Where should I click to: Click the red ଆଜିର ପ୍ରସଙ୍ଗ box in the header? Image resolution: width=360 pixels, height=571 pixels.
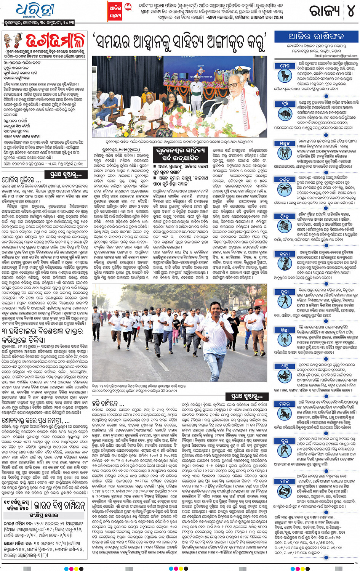[115, 11]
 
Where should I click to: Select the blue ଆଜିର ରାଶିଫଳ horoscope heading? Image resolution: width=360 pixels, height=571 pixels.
[316, 37]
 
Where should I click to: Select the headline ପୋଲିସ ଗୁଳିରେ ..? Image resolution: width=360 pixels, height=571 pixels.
[23, 179]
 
